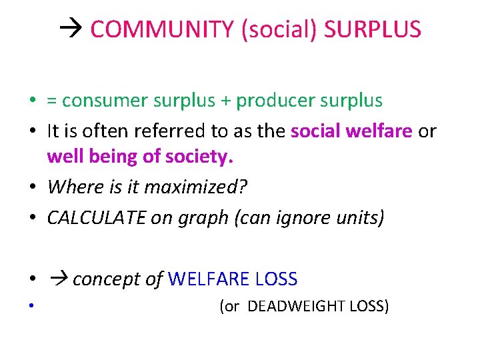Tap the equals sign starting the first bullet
(51, 101)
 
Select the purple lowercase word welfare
(381, 131)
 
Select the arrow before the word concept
(57, 279)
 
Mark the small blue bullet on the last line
(31, 307)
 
